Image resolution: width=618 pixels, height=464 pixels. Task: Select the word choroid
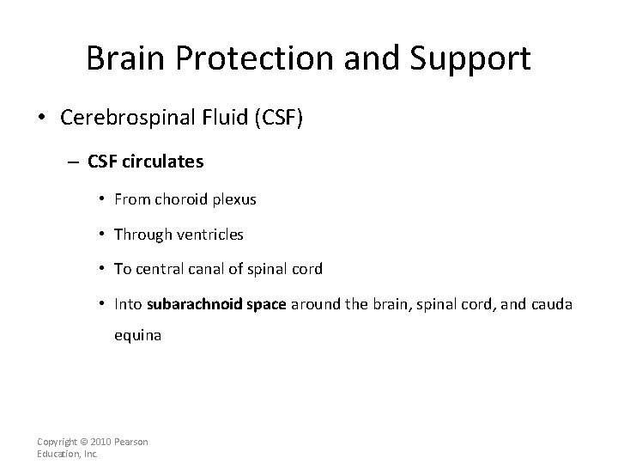[180, 199]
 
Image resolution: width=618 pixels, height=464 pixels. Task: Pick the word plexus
[233, 199]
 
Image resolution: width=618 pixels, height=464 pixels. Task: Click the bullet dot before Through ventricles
[102, 234]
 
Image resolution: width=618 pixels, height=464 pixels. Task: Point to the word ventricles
[212, 234]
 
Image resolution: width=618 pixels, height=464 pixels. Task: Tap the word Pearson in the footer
[132, 442]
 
